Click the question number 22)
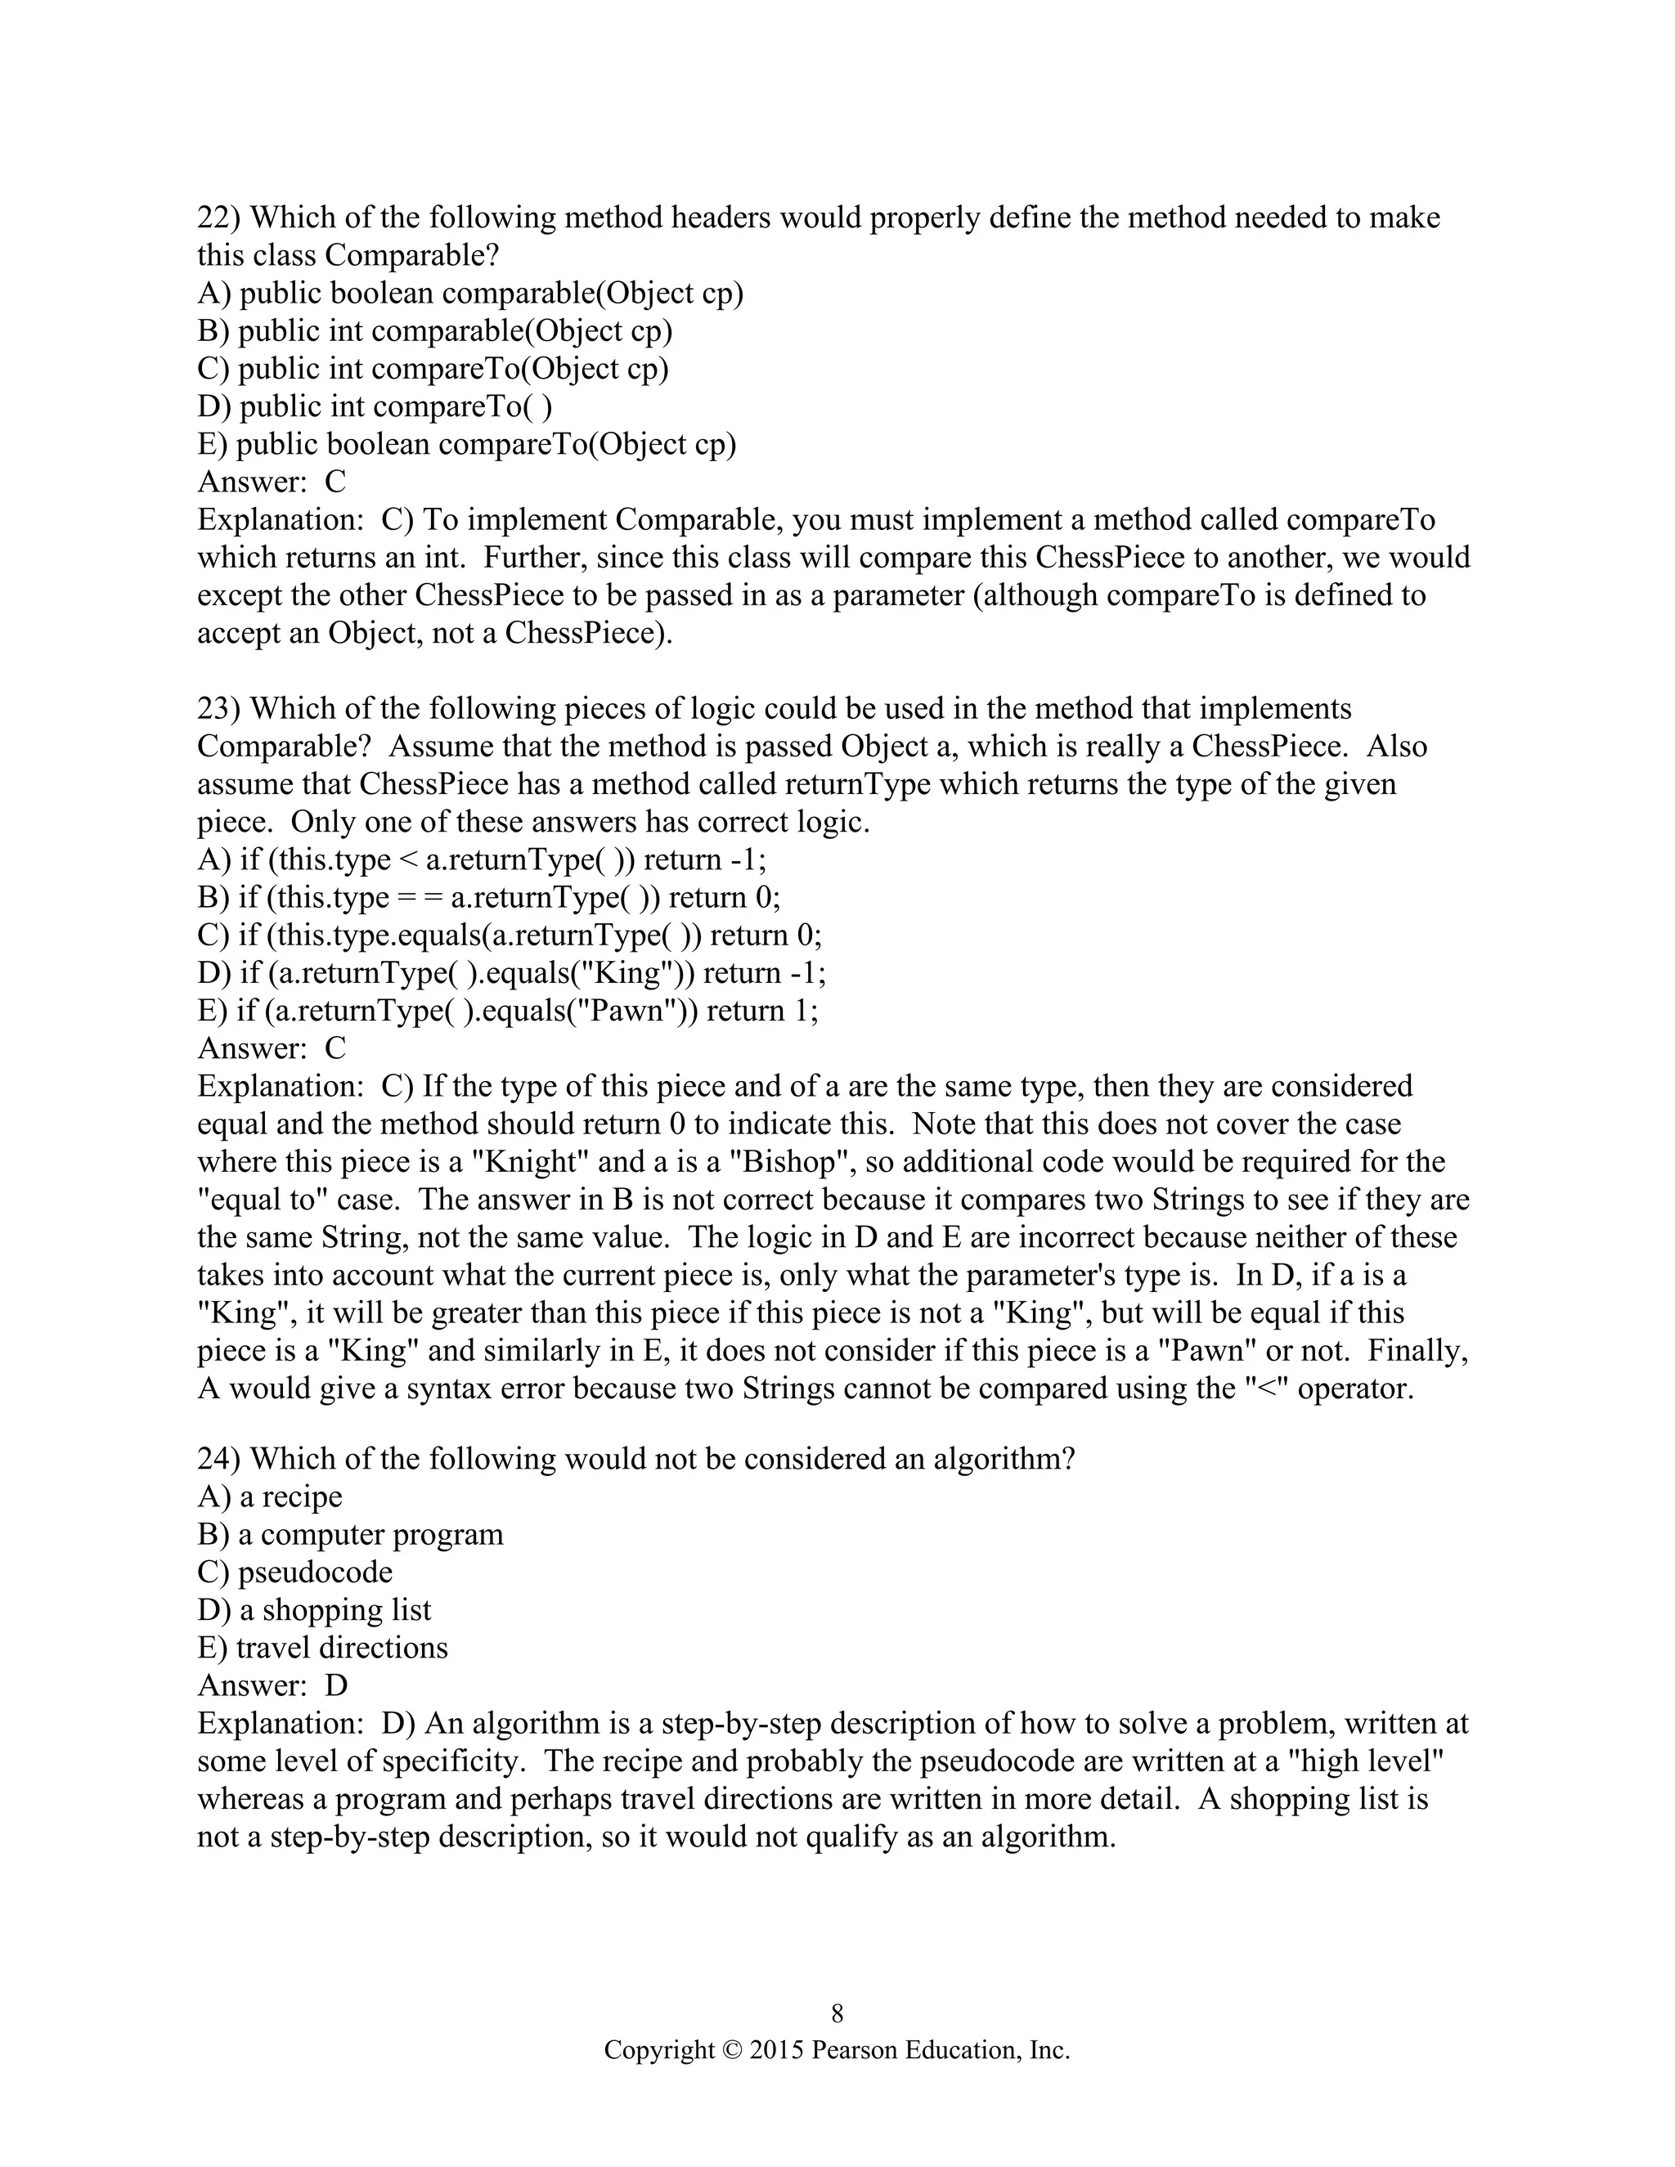[219, 218]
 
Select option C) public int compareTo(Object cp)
[433, 368]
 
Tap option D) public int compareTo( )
[375, 406]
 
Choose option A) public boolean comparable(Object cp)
[470, 293]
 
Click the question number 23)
[219, 708]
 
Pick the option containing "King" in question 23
[511, 972]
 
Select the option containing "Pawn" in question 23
[507, 1010]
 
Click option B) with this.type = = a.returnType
[488, 897]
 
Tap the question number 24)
[219, 1459]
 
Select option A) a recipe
[270, 1496]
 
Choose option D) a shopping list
[315, 1609]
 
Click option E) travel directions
[322, 1647]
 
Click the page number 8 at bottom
[837, 2012]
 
